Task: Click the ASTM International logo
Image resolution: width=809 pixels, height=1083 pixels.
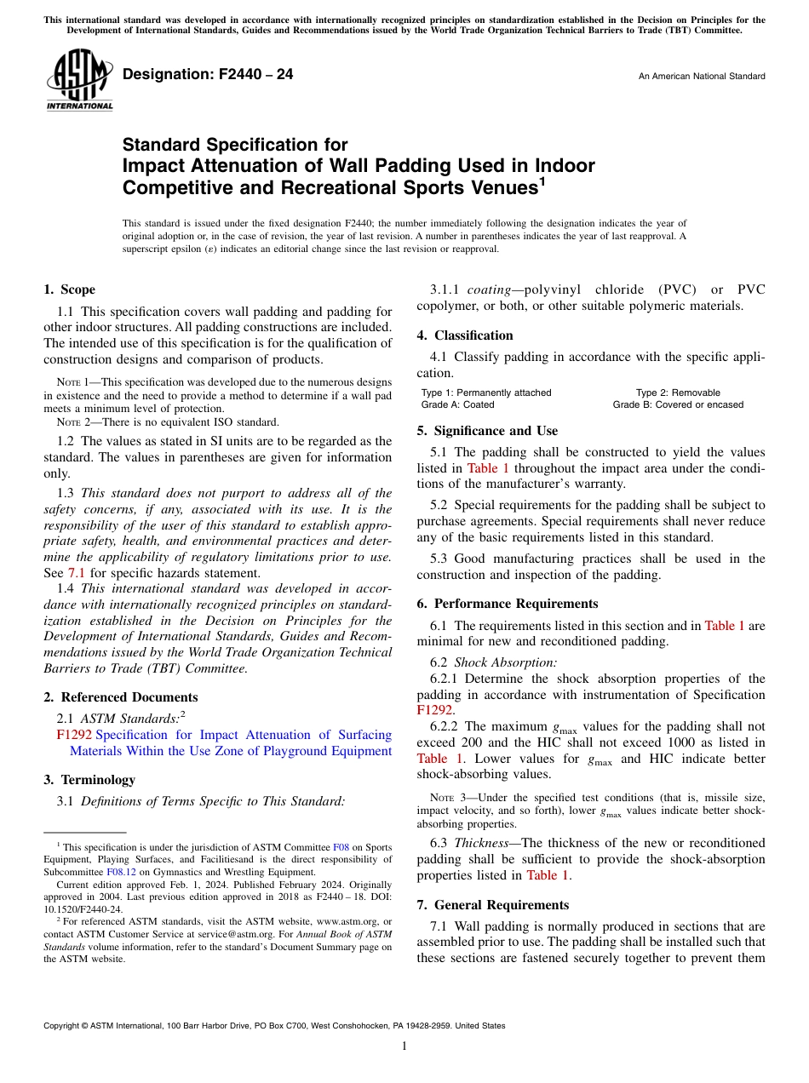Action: [79, 80]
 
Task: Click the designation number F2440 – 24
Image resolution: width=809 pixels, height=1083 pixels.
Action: [208, 75]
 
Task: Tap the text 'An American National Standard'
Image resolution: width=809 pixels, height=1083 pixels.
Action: [701, 77]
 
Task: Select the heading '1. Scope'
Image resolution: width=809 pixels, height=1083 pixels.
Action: [69, 289]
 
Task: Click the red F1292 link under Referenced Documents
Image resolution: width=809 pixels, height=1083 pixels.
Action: [74, 735]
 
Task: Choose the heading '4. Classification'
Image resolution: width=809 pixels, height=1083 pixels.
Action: [465, 335]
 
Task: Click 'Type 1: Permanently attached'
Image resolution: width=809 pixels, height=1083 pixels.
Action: [486, 393]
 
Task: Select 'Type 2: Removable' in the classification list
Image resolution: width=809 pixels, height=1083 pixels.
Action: [678, 393]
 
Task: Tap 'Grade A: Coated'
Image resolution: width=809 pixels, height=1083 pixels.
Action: [457, 404]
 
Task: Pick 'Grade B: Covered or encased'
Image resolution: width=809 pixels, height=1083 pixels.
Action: [678, 404]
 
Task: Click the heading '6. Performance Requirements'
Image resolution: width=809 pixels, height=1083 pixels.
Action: [508, 604]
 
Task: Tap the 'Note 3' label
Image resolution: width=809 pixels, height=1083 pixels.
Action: [448, 798]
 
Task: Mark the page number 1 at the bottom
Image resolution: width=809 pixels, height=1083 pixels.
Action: [404, 1046]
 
